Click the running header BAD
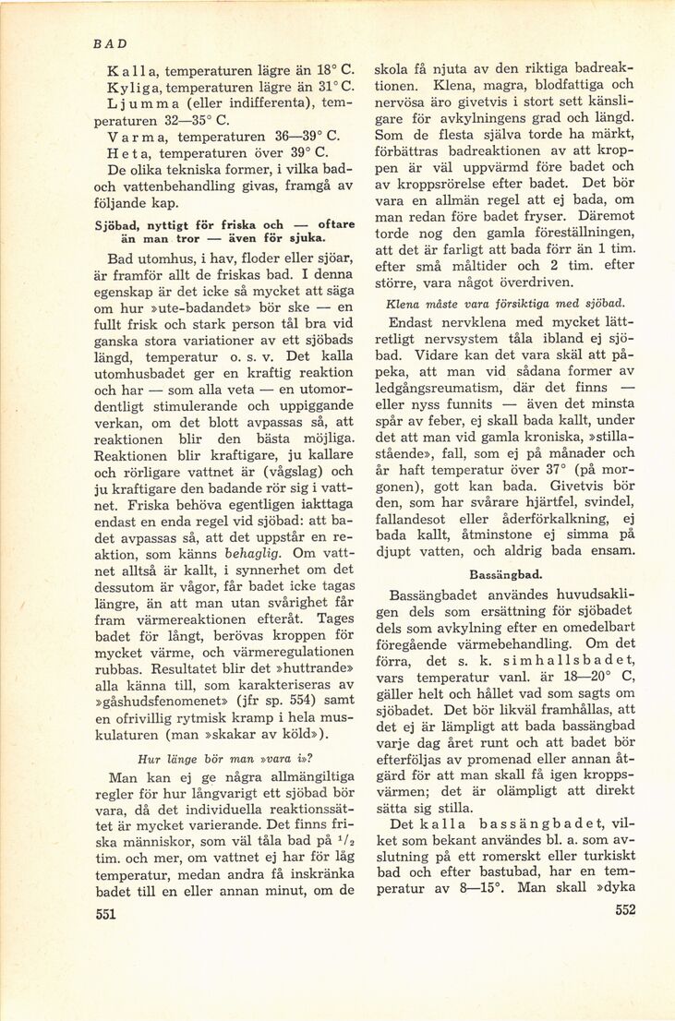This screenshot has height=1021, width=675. pos(110,43)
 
